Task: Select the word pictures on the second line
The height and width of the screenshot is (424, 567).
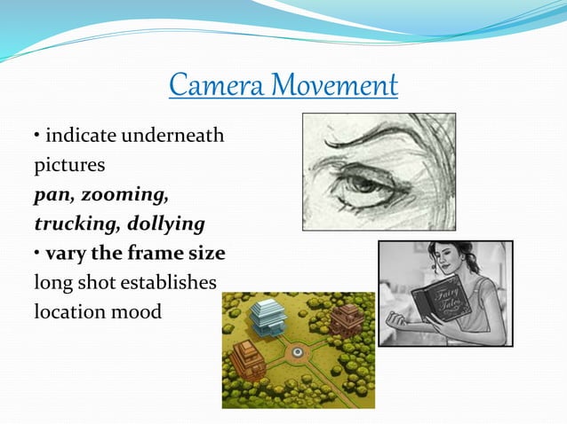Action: (x=69, y=166)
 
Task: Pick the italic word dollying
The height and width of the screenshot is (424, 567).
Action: (x=165, y=224)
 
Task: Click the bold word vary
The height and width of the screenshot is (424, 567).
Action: (x=66, y=253)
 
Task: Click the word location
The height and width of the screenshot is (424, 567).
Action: (x=68, y=311)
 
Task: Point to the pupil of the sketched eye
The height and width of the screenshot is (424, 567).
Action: (x=363, y=182)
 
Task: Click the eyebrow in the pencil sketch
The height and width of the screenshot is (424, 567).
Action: (x=373, y=142)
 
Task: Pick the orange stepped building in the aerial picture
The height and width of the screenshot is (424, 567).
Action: (x=246, y=359)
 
